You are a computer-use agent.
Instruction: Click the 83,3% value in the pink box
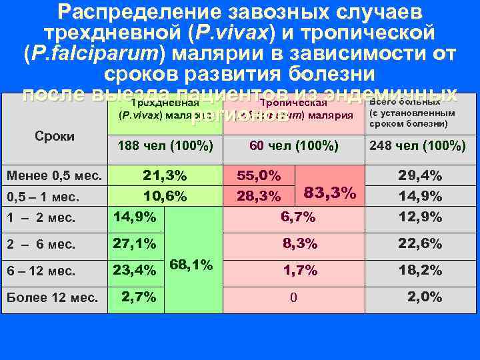tap(329, 193)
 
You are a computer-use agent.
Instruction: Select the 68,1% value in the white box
tap(192, 265)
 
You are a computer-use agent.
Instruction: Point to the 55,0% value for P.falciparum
tap(259, 177)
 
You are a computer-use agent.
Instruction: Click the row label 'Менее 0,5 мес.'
tap(54, 177)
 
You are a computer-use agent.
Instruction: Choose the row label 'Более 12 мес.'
tap(53, 297)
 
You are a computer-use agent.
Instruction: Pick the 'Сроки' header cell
tap(54, 136)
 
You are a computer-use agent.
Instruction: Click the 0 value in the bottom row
tap(293, 297)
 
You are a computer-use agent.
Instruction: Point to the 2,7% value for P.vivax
tap(139, 297)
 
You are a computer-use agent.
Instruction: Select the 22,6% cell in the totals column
tap(420, 244)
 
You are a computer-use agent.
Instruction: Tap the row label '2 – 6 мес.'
tap(41, 244)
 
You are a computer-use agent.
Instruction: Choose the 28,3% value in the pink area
tap(259, 197)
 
